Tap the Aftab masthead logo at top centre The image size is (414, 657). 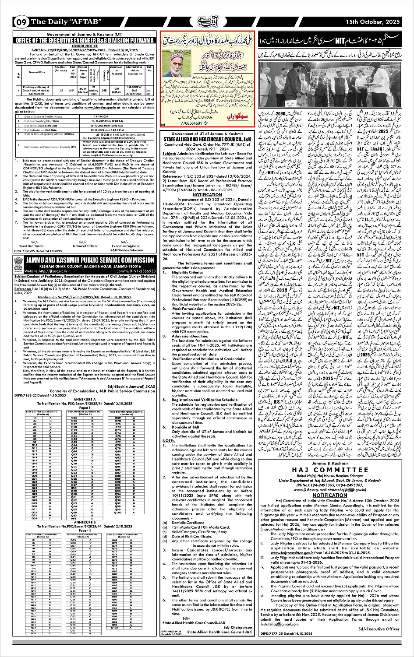(x=207, y=21)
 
